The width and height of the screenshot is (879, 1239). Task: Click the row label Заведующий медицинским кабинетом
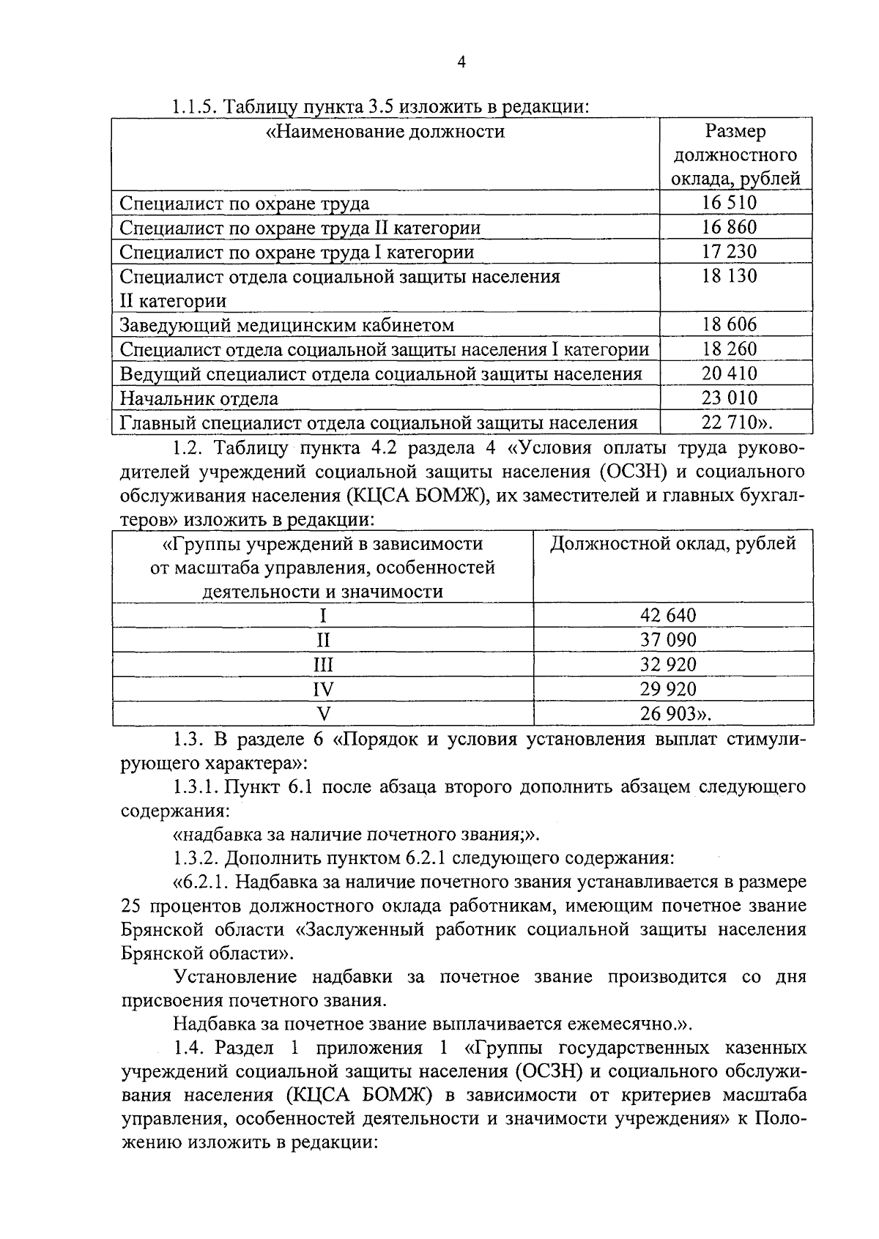click(286, 324)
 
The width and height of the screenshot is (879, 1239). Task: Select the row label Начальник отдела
click(199, 398)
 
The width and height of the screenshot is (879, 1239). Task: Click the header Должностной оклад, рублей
click(672, 543)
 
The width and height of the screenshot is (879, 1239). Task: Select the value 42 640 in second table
click(668, 615)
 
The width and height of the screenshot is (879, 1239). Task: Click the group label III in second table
click(323, 664)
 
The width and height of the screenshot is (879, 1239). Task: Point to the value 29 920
click(668, 688)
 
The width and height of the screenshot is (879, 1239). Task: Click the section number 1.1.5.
click(194, 107)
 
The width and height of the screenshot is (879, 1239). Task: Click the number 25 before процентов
click(132, 906)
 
